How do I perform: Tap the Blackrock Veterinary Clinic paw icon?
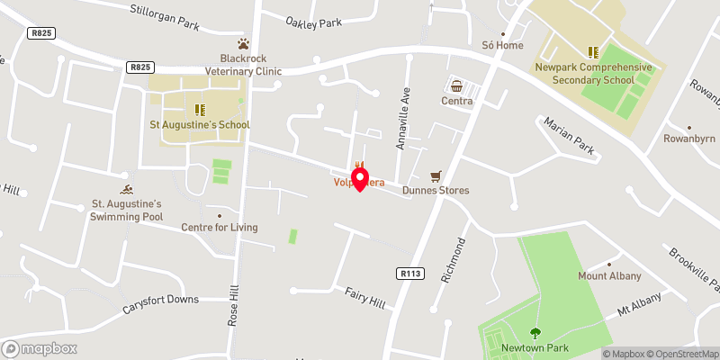(x=242, y=43)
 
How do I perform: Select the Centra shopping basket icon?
(x=457, y=86)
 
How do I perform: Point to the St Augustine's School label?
(x=200, y=124)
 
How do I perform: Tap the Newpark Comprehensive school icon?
(x=593, y=52)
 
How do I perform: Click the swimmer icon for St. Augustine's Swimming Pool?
(x=128, y=189)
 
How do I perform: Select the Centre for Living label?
(x=220, y=227)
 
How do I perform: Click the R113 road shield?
(x=409, y=272)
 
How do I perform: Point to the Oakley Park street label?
(x=315, y=22)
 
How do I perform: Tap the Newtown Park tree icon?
(x=536, y=333)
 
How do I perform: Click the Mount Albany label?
(x=609, y=275)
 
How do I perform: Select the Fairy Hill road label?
(x=364, y=298)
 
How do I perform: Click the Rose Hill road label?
(x=234, y=307)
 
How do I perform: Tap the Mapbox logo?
(x=40, y=348)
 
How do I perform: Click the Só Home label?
(x=502, y=45)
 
